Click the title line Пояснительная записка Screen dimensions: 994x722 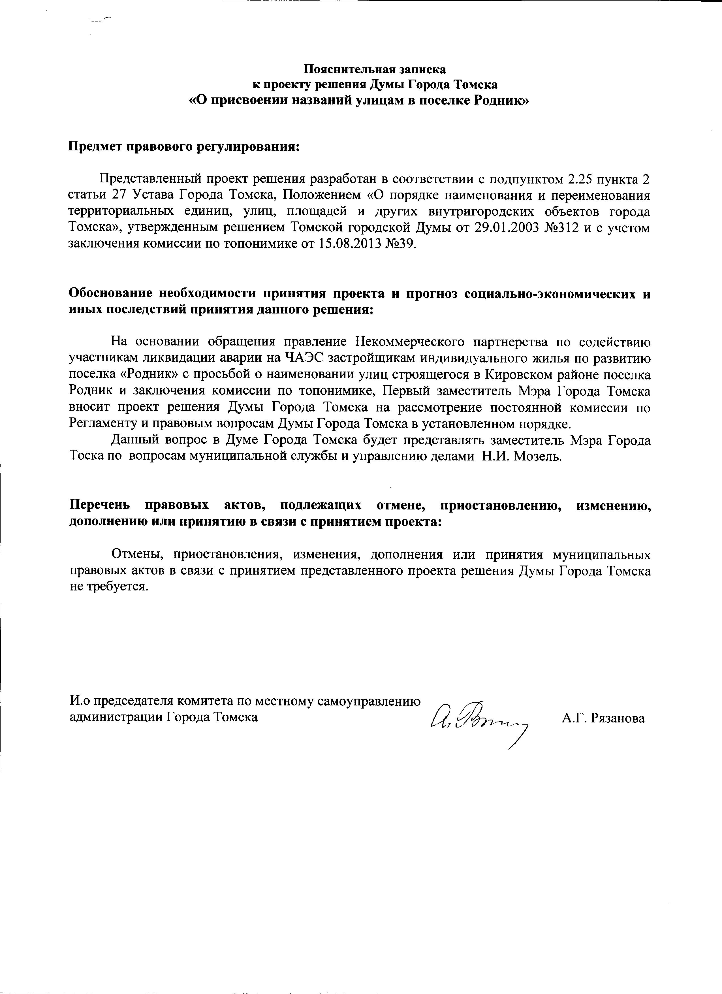click(x=375, y=69)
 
